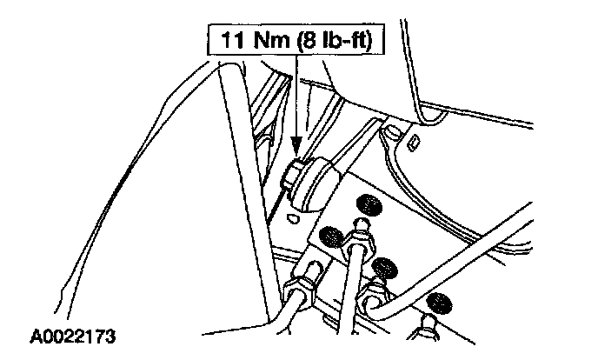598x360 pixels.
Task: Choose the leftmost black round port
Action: (329, 235)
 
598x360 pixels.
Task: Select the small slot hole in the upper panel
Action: (414, 142)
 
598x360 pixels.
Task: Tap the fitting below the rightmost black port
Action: (429, 326)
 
